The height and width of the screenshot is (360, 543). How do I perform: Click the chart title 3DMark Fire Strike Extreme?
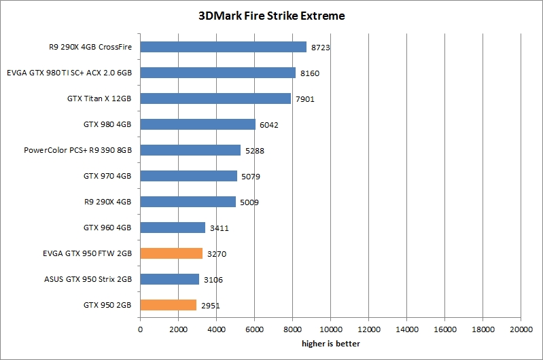pyautogui.click(x=271, y=16)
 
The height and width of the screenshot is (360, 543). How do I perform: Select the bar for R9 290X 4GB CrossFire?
pyautogui.click(x=223, y=47)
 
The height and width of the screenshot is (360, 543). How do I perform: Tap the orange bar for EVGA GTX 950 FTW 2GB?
pyautogui.click(x=171, y=253)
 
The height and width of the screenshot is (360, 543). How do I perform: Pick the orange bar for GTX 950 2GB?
pyautogui.click(x=168, y=305)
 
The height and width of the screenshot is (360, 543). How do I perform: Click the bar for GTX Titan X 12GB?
pyautogui.click(x=215, y=98)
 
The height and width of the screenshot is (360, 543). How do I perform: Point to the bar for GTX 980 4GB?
pyautogui.click(x=198, y=124)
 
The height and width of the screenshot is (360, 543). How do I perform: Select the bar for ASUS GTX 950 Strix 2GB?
pyautogui.click(x=169, y=279)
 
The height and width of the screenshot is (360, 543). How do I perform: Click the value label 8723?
pyautogui.click(x=321, y=48)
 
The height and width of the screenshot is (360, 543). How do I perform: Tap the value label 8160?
pyautogui.click(x=310, y=73)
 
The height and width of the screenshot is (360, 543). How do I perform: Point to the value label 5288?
pyautogui.click(x=255, y=151)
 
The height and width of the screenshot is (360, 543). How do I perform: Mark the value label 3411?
pyautogui.click(x=220, y=228)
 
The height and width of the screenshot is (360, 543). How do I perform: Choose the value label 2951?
pyautogui.click(x=211, y=306)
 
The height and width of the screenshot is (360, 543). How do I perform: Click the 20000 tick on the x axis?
pyautogui.click(x=521, y=329)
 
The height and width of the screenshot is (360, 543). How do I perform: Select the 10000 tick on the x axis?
pyautogui.click(x=330, y=329)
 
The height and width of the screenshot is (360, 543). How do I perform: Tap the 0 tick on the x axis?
pyautogui.click(x=140, y=329)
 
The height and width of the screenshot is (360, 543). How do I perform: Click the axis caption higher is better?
pyautogui.click(x=330, y=344)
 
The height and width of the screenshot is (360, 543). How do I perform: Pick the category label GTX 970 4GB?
pyautogui.click(x=107, y=176)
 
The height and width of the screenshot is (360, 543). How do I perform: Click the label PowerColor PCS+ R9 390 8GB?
pyautogui.click(x=77, y=150)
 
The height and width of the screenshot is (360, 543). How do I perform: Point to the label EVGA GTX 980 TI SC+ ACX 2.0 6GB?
pyautogui.click(x=69, y=73)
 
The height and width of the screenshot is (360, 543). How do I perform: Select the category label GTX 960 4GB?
pyautogui.click(x=107, y=228)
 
